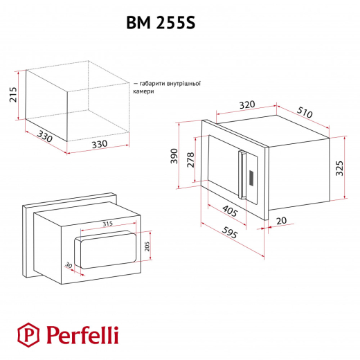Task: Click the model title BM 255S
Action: (161, 23)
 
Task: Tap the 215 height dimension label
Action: (13, 94)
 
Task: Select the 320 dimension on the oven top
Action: (247, 105)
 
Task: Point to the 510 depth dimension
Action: (305, 112)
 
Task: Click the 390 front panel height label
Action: (174, 156)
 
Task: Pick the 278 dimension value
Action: (190, 160)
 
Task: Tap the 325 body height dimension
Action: (339, 168)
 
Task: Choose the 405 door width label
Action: (230, 211)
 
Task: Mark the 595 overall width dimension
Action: (230, 233)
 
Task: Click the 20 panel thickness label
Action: (281, 221)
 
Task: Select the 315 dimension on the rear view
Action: (107, 224)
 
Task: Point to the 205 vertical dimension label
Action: (147, 246)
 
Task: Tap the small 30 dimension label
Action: (69, 265)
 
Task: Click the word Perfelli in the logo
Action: (82, 335)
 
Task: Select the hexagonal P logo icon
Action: (28, 335)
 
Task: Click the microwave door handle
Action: (242, 174)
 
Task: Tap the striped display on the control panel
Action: (251, 177)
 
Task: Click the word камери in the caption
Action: (143, 91)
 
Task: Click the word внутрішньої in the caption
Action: (183, 83)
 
